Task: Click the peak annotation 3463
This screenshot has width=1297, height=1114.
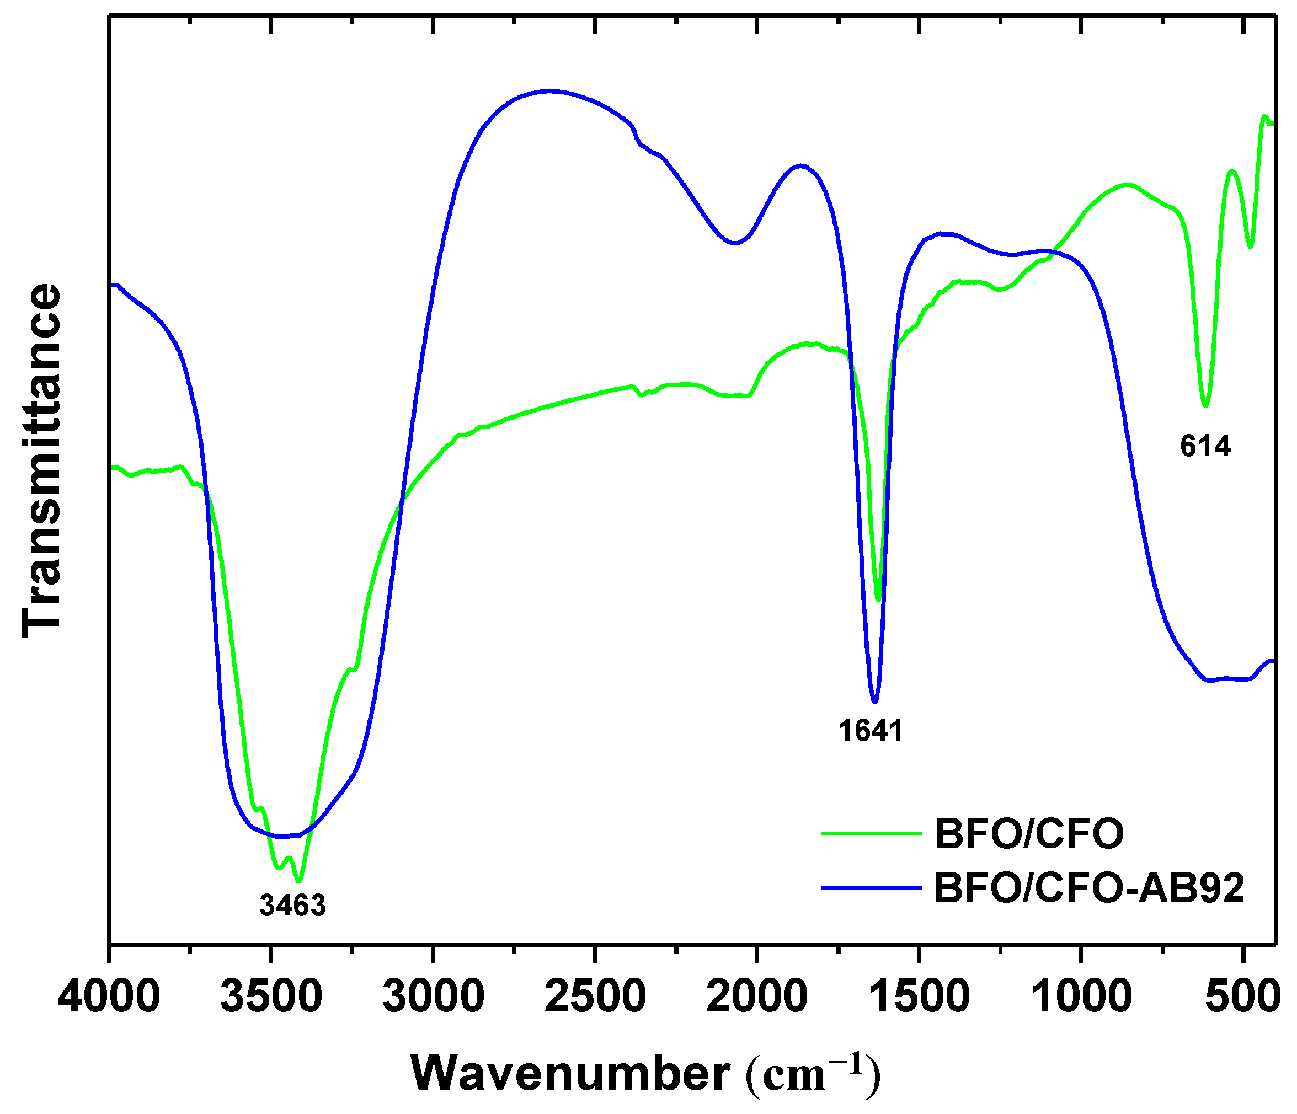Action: (x=292, y=906)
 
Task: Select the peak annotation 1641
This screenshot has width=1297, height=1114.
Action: (x=871, y=730)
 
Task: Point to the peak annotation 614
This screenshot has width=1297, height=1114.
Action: (x=1205, y=446)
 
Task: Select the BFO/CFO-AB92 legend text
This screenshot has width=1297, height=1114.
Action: (x=1089, y=887)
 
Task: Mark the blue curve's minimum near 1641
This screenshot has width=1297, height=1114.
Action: (x=874, y=701)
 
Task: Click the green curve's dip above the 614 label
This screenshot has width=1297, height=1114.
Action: (x=1205, y=405)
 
